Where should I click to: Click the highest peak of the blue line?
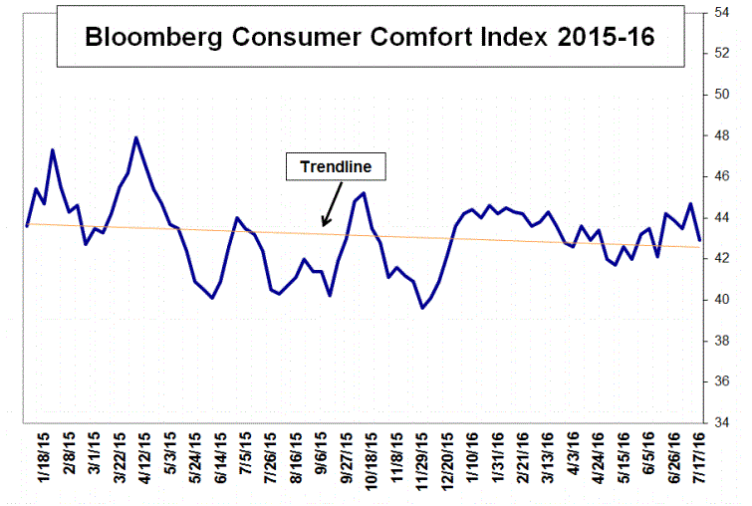tap(135, 137)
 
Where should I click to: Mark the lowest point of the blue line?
tap(422, 308)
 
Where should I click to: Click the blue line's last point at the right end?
tap(699, 240)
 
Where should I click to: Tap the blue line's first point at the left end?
tap(27, 226)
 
